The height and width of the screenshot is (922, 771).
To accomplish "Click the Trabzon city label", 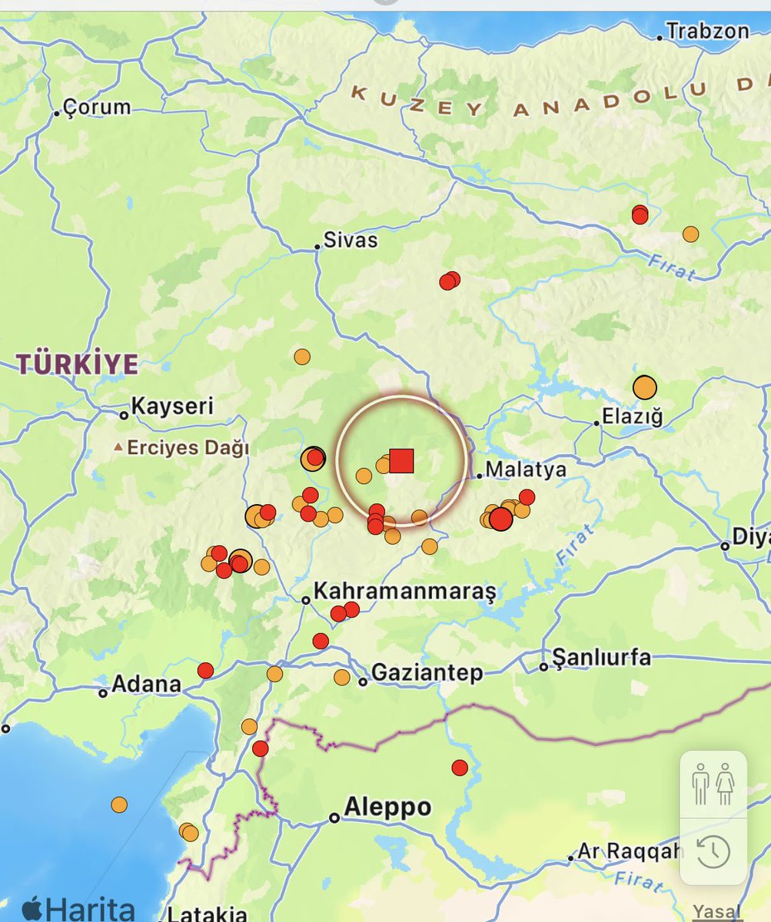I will (707, 32).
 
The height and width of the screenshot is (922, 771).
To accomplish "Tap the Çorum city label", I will (97, 107).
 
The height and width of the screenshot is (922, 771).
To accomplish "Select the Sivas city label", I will (351, 240).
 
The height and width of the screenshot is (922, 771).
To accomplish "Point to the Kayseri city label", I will (172, 406).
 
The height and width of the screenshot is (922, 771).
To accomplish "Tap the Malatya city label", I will (526, 469).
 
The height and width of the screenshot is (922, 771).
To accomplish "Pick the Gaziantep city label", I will (427, 674).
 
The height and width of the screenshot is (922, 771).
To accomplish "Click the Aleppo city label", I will (387, 808).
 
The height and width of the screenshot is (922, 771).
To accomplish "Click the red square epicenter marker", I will (401, 460).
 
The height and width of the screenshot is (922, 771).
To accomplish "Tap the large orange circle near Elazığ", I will (644, 387).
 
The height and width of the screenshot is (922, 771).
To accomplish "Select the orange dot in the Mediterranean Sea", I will (118, 804).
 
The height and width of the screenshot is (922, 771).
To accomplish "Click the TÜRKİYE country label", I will (78, 363).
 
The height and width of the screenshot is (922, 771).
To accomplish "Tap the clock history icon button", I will (713, 851).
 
